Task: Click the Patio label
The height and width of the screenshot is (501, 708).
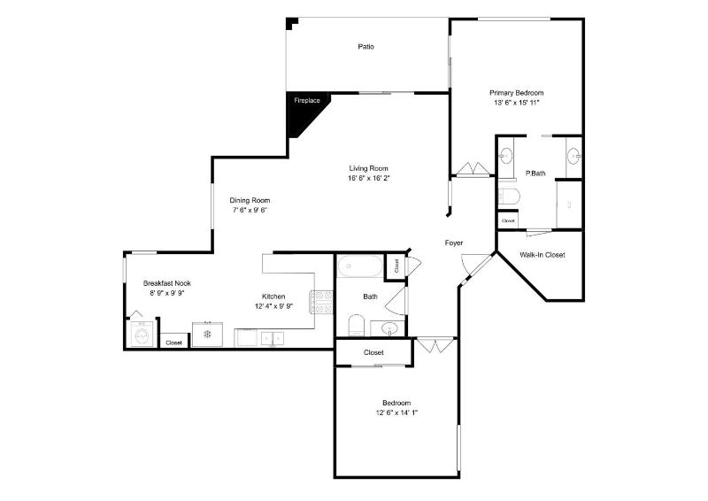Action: [x=366, y=47]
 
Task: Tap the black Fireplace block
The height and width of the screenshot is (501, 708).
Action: [x=304, y=111]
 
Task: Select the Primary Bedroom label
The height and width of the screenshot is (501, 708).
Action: [x=517, y=93]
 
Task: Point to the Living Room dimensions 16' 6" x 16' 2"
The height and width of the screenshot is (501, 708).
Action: [x=368, y=178]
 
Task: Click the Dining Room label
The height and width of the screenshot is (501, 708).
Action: [x=250, y=200]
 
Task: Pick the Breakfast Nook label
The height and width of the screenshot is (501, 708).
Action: [x=167, y=283]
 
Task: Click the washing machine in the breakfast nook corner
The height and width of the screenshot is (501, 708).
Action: [x=142, y=335]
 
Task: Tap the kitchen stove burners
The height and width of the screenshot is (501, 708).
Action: [x=321, y=302]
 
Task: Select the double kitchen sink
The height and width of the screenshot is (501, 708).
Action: [x=273, y=338]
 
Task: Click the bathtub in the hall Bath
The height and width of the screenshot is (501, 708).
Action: [x=360, y=266]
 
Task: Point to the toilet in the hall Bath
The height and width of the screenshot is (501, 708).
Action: [x=356, y=325]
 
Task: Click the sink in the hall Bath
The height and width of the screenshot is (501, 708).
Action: [x=388, y=328]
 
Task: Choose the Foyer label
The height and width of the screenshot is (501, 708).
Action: [x=454, y=243]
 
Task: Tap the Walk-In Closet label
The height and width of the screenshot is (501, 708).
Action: [x=542, y=255]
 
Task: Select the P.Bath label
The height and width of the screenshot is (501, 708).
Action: [x=535, y=173]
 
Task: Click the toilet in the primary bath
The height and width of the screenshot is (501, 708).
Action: [x=509, y=197]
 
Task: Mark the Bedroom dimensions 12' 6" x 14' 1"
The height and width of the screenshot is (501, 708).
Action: [x=396, y=412]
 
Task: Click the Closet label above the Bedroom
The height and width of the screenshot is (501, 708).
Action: [x=373, y=352]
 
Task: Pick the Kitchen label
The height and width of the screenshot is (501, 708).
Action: [x=273, y=297]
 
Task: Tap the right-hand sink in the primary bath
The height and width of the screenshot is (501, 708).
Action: [x=573, y=157]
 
